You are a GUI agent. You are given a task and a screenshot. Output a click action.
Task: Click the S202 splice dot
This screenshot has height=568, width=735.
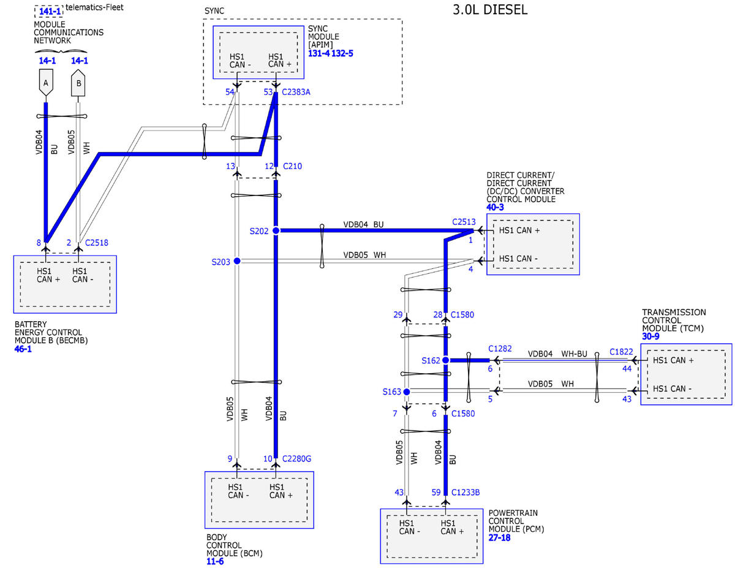pyautogui.click(x=276, y=230)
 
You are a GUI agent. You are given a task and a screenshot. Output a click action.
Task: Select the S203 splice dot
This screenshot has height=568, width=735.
pyautogui.click(x=237, y=261)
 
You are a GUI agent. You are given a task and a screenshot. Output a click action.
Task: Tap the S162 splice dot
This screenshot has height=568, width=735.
pyautogui.click(x=445, y=360)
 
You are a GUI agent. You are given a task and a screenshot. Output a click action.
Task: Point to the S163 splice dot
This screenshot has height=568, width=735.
pyautogui.click(x=407, y=392)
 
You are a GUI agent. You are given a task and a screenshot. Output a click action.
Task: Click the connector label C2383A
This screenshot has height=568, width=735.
pyautogui.click(x=296, y=92)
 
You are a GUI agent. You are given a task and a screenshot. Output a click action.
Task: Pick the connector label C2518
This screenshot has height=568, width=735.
pyautogui.click(x=96, y=243)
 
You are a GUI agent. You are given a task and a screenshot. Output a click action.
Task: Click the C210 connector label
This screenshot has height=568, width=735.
pyautogui.click(x=292, y=166)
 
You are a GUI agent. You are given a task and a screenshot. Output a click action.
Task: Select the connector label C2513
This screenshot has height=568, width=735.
pyautogui.click(x=464, y=222)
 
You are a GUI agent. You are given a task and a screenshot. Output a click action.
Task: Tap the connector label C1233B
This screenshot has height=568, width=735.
pyautogui.click(x=466, y=492)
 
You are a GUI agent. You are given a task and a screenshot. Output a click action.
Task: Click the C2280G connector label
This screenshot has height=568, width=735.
pyautogui.click(x=296, y=459)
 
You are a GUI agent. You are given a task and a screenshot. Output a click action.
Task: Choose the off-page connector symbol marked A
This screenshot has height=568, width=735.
pyautogui.click(x=46, y=83)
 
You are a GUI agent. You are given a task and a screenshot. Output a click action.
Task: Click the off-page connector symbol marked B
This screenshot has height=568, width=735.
pyautogui.click(x=78, y=83)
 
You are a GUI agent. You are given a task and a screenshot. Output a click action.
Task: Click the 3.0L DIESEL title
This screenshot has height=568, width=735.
pyautogui.click(x=490, y=9)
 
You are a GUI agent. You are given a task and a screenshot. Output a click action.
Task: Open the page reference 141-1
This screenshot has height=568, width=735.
pyautogui.click(x=50, y=11)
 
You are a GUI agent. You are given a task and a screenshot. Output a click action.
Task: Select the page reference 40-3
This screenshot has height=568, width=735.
pyautogui.click(x=495, y=207)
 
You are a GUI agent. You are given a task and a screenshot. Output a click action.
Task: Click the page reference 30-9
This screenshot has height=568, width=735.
pyautogui.click(x=650, y=336)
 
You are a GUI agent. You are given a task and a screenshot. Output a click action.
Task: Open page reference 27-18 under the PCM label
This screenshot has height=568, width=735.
pyautogui.click(x=499, y=537)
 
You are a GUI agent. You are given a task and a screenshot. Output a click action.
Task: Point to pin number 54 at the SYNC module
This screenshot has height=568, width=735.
pyautogui.click(x=230, y=92)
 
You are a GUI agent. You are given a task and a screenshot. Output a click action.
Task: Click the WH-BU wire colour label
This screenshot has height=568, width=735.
pyautogui.click(x=574, y=354)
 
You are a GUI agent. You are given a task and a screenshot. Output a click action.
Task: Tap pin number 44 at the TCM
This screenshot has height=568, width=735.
pyautogui.click(x=627, y=369)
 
